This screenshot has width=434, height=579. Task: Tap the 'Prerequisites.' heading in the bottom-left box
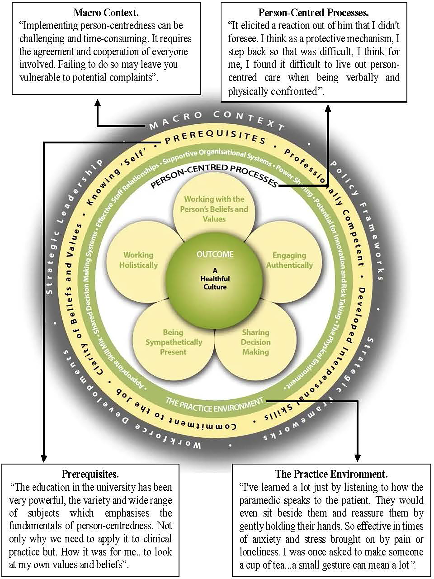pos(90,474)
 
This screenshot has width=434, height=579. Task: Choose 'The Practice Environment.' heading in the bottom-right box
pos(331,474)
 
